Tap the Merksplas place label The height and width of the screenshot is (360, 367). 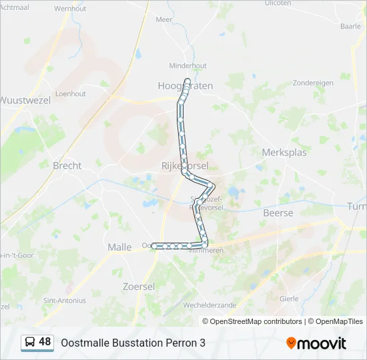coord(284,152)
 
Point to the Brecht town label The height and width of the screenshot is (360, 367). coord(67,165)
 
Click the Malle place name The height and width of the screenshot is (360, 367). coord(119,247)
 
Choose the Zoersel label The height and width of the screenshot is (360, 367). coord(139,286)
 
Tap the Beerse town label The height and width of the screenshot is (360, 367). coord(278,213)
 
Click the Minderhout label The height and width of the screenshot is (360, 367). coord(188,66)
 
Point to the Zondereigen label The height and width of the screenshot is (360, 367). coord(313,83)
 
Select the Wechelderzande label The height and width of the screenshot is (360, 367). coord(210,305)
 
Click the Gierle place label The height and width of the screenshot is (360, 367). coord(289,299)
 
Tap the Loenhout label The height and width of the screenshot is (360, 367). coord(71,94)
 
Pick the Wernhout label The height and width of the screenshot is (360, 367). coord(70,9)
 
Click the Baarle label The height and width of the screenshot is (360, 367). coord(350,27)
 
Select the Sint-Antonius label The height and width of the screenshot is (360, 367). coord(65,301)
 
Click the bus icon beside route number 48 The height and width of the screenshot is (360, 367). coord(31,342)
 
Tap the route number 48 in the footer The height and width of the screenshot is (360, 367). coord(45,342)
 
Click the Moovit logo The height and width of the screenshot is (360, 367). coord(316,343)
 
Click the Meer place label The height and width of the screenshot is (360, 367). coord(164,20)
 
